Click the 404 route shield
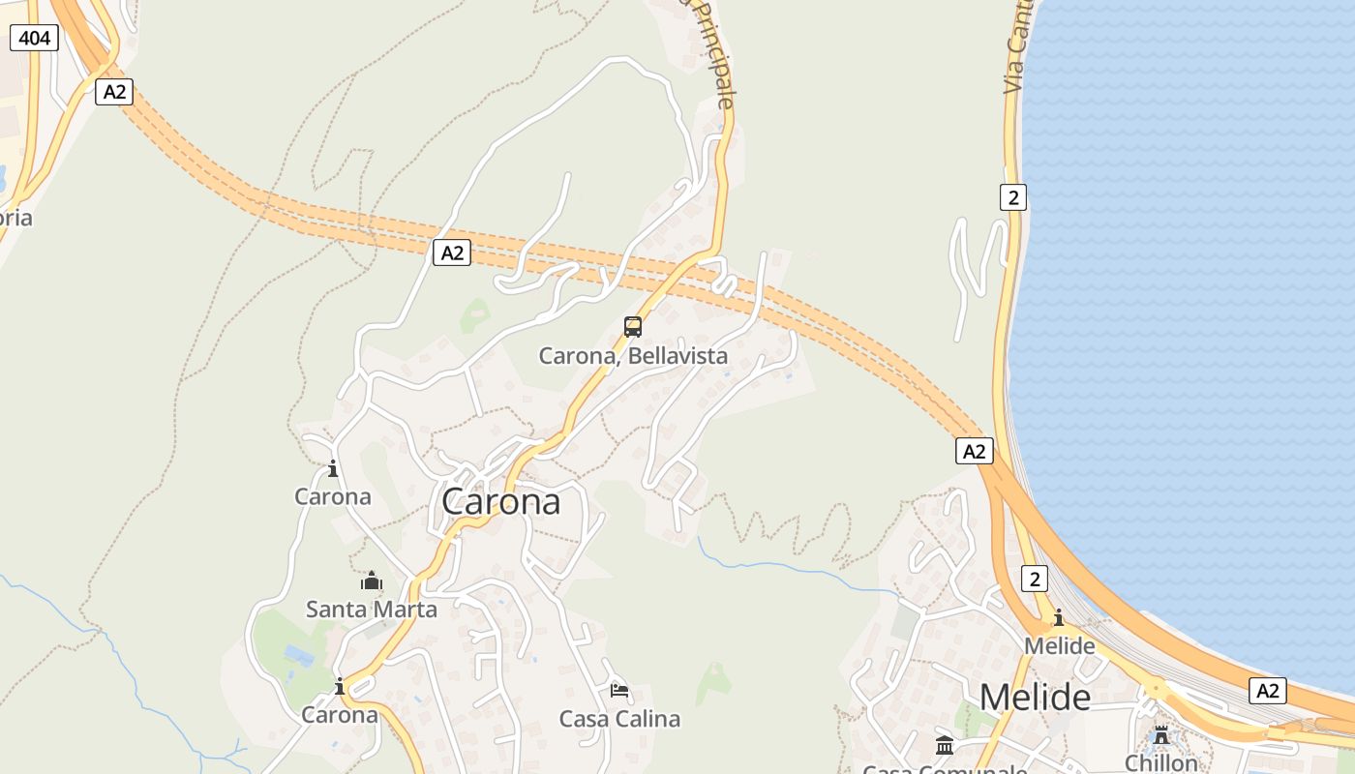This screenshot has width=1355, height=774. [x=35, y=38]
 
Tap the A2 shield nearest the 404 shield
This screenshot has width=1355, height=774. [x=114, y=92]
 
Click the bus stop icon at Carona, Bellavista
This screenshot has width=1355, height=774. [x=633, y=327]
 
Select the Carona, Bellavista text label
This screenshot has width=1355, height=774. [x=633, y=356]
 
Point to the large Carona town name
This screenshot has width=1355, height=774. [x=500, y=501]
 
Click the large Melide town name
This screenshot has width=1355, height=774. [x=1035, y=697]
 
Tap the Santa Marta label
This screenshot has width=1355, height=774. [x=372, y=610]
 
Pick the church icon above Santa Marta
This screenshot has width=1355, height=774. [x=372, y=580]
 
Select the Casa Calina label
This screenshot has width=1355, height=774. [x=619, y=719]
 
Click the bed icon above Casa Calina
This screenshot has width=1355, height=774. [x=619, y=690]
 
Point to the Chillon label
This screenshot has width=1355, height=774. [x=1161, y=762]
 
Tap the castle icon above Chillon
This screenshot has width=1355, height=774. [x=1161, y=735]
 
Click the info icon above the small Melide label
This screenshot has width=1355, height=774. [x=1059, y=617]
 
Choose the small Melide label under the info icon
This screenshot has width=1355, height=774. [x=1059, y=645]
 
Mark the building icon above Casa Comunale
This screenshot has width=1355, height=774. [x=945, y=745]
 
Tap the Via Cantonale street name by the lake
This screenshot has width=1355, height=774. [x=1016, y=48]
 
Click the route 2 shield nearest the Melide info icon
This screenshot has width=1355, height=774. [x=1035, y=580]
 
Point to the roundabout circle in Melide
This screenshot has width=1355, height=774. [x=1154, y=689]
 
